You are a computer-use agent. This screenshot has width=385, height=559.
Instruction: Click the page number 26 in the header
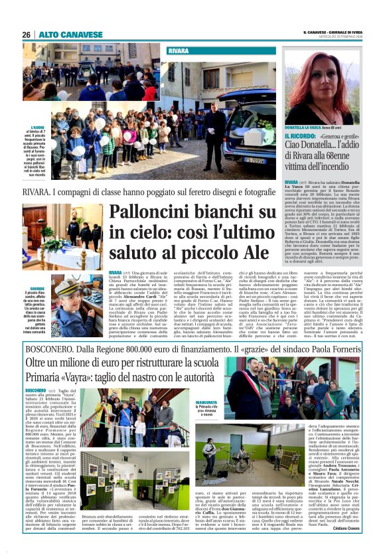tap(27, 35)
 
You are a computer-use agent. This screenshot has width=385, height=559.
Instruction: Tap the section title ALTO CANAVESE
tap(71, 35)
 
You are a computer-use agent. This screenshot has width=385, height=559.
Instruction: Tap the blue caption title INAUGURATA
tap(206, 402)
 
